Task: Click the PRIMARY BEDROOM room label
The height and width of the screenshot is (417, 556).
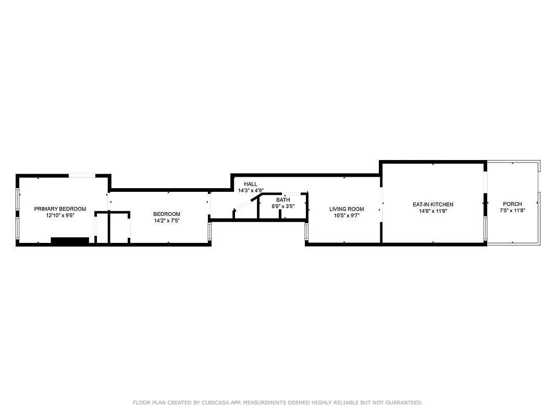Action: pyautogui.click(x=60, y=209)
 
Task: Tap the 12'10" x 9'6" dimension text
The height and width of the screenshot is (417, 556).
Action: pyautogui.click(x=60, y=216)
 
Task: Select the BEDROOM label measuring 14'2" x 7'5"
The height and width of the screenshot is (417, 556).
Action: pyautogui.click(x=167, y=214)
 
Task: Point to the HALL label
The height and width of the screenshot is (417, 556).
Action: pyautogui.click(x=251, y=184)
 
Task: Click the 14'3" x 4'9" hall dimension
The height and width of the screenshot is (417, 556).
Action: pyautogui.click(x=251, y=191)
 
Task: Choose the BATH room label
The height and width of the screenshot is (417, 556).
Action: pyautogui.click(x=283, y=200)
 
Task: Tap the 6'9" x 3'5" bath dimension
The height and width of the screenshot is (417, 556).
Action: pyautogui.click(x=283, y=206)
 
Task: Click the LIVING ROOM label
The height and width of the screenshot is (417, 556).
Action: pyautogui.click(x=347, y=209)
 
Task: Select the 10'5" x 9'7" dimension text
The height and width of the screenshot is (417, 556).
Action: pyautogui.click(x=347, y=216)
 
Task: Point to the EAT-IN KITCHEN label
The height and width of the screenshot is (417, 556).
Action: pyautogui.click(x=433, y=204)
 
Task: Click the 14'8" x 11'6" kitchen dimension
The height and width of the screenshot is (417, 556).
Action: pyautogui.click(x=433, y=211)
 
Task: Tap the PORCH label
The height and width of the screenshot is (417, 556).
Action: pyautogui.click(x=512, y=204)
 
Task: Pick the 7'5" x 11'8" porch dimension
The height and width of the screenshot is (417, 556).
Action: pyautogui.click(x=512, y=211)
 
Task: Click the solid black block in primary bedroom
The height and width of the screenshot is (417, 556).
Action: pyautogui.click(x=70, y=240)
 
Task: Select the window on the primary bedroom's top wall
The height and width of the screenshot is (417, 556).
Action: pyautogui.click(x=82, y=176)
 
